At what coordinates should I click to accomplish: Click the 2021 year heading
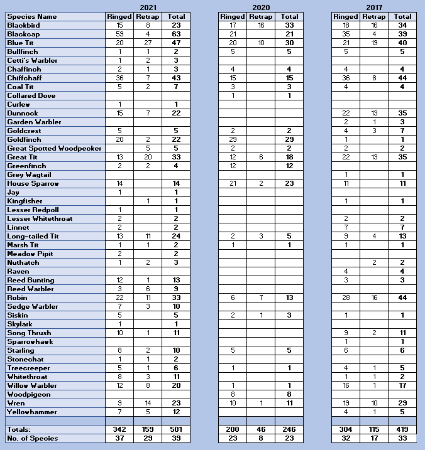[x=148, y=7]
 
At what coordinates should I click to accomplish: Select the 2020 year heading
[x=261, y=7]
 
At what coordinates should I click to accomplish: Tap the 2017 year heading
[x=373, y=7]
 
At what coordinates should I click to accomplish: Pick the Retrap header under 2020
[x=260, y=16]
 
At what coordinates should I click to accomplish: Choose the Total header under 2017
[x=402, y=16]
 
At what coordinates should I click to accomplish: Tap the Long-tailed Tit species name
[x=33, y=236]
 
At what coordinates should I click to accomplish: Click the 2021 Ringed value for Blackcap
[x=119, y=34]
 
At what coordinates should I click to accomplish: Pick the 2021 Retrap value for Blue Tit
[x=148, y=43]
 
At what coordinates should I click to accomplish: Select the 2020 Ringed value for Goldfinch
[x=233, y=139]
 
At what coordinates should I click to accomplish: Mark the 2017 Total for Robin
[x=402, y=297]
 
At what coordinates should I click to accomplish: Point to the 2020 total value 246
[x=289, y=429]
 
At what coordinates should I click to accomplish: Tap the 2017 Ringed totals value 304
[x=346, y=429]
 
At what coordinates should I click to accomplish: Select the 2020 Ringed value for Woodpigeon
[x=233, y=394]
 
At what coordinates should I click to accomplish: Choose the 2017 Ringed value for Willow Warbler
[x=346, y=385]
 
